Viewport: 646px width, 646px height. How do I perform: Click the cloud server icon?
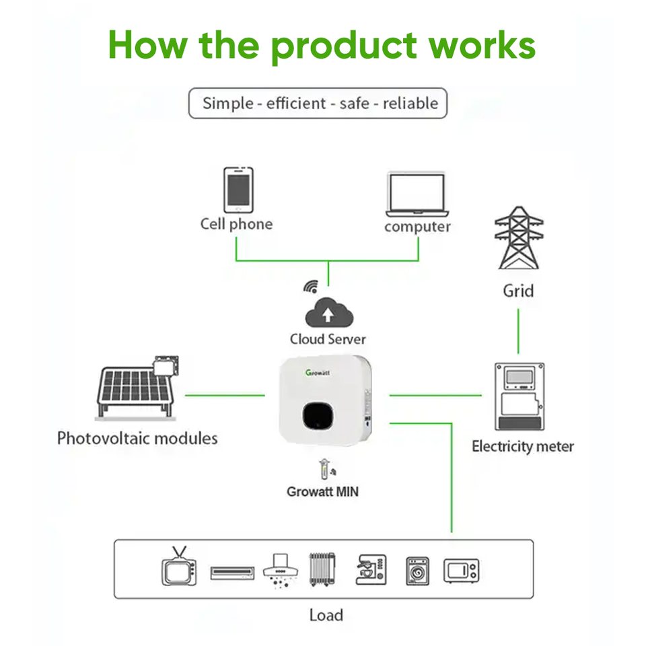click(328, 314)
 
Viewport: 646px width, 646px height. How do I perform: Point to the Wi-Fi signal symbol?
click(310, 287)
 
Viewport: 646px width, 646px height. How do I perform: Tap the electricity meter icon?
click(519, 396)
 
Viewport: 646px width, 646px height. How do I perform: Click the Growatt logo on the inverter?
click(321, 372)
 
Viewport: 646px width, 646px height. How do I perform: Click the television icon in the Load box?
click(179, 569)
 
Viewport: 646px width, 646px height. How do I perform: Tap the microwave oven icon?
click(461, 571)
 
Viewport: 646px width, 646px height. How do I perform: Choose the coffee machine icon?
click(371, 570)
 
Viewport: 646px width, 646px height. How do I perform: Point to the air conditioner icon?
click(232, 573)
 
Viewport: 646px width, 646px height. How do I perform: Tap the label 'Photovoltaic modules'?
click(137, 439)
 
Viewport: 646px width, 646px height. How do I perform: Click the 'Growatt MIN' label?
click(322, 492)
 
